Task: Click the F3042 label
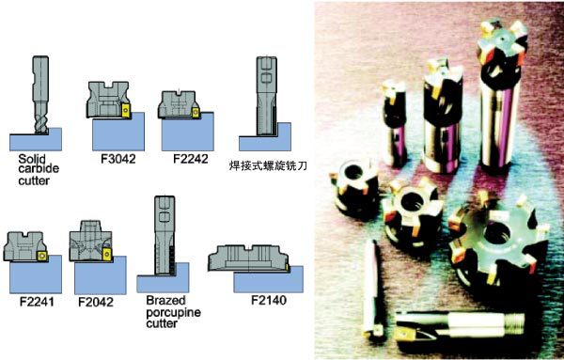click(x=118, y=159)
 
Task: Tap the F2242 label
click(x=191, y=159)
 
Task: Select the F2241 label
click(x=37, y=302)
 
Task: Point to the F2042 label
click(x=96, y=302)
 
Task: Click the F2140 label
click(x=269, y=300)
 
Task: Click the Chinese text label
click(x=268, y=165)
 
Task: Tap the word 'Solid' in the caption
click(x=32, y=159)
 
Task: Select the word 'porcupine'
click(x=173, y=312)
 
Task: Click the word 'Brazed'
click(x=165, y=300)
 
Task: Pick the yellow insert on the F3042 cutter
click(x=126, y=110)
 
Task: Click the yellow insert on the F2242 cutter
click(x=196, y=113)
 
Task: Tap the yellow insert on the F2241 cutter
click(x=42, y=256)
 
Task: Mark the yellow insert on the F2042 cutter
click(x=107, y=255)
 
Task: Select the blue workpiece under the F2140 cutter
click(x=268, y=280)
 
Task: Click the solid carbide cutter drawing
click(x=40, y=95)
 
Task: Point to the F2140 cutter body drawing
click(x=248, y=258)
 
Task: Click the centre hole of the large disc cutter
click(x=496, y=233)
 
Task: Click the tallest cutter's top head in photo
click(x=502, y=43)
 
